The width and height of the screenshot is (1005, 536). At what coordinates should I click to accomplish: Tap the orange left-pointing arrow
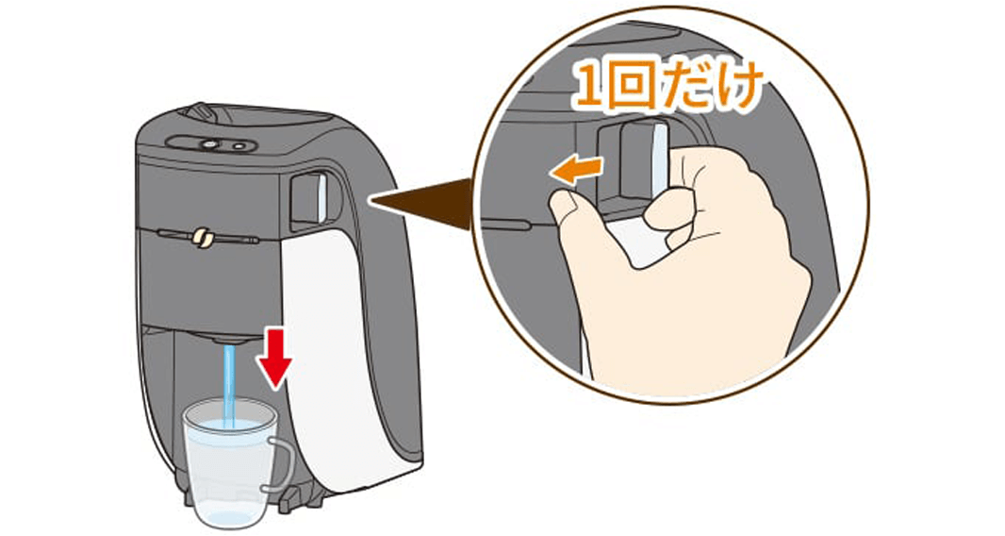tap(578, 169)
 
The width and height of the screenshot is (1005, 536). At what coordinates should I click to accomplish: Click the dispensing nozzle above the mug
tap(226, 338)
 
